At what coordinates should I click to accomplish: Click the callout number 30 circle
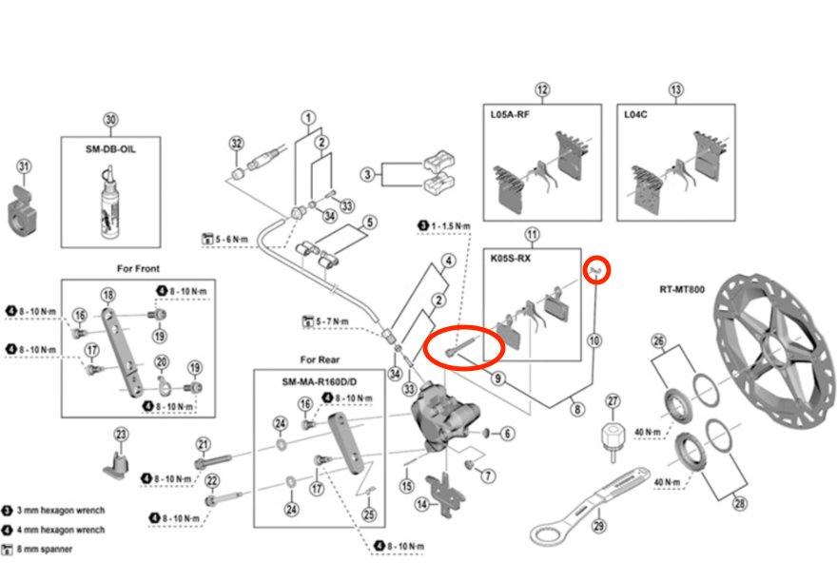pos(110,120)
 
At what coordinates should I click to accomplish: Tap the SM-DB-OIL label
pos(110,148)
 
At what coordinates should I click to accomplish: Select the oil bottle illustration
pos(111,196)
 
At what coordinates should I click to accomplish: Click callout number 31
pos(25,167)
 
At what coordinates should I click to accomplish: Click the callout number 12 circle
pos(542,91)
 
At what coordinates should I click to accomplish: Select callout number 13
pos(676,91)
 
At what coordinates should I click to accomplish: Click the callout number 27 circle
pos(613,400)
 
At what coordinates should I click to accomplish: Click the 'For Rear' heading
pos(321,359)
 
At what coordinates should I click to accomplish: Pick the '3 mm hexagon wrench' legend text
pos(66,511)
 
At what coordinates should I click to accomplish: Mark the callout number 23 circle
pos(121,435)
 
